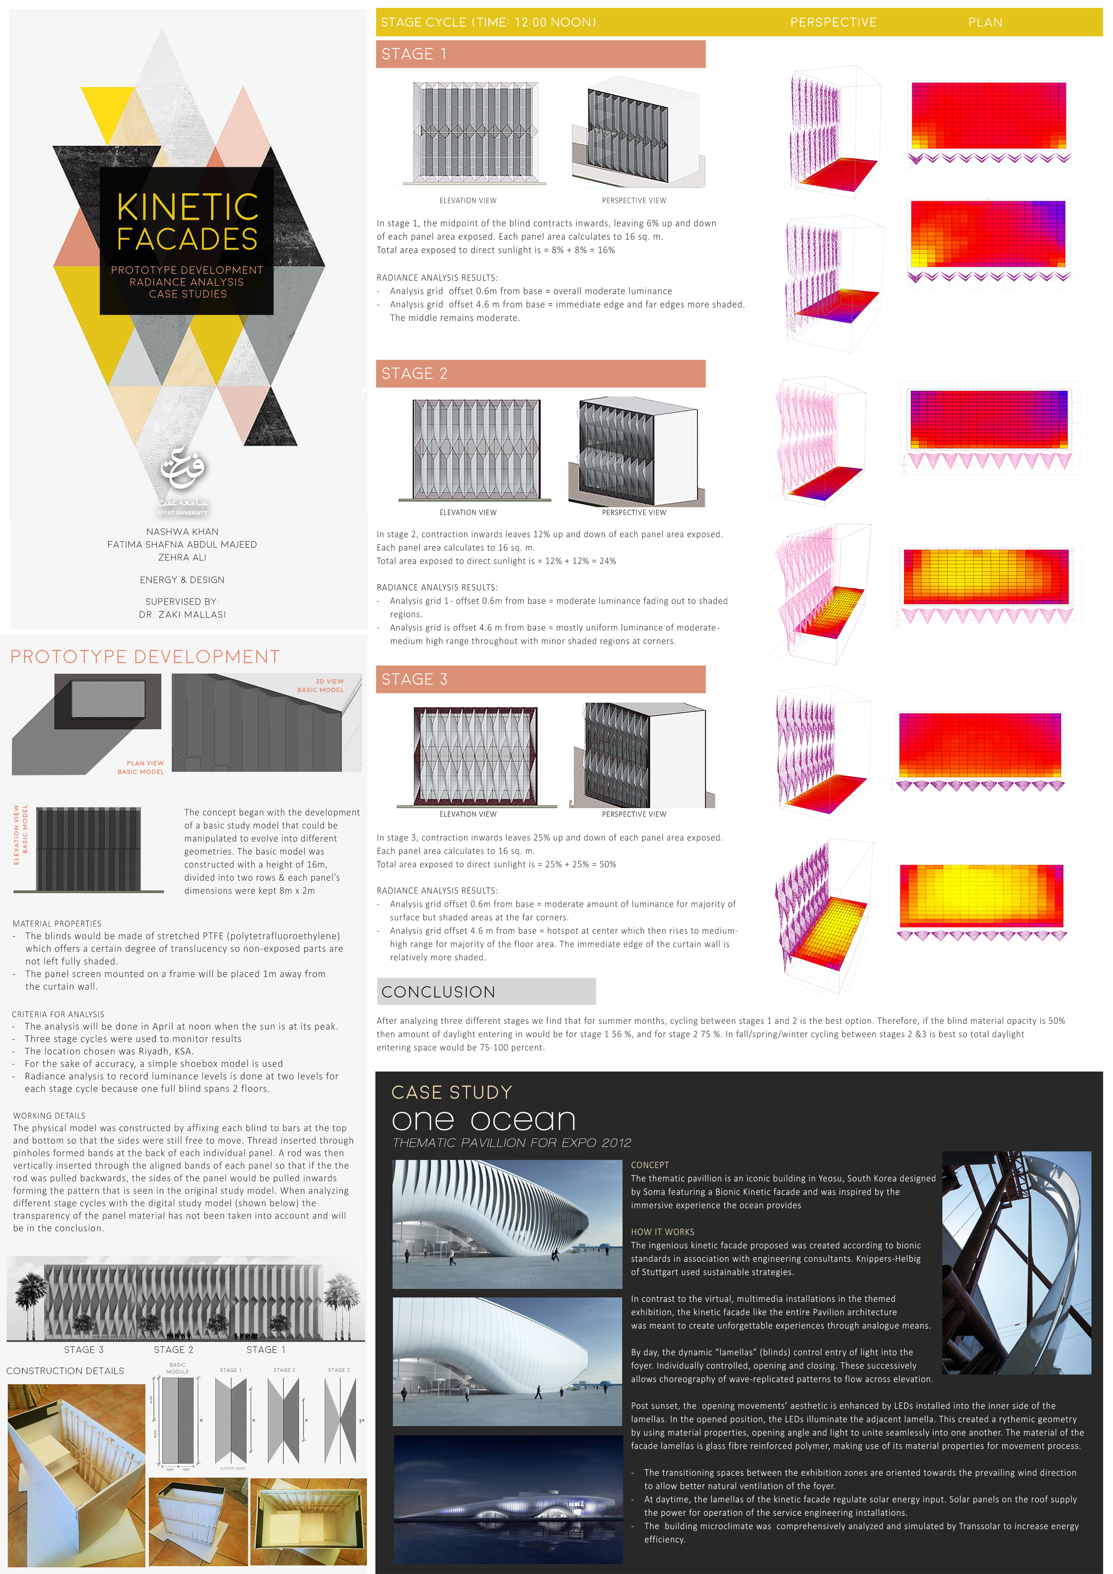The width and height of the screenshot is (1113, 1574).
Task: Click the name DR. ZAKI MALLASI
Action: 182,614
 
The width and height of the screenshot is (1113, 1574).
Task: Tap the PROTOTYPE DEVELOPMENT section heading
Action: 145,657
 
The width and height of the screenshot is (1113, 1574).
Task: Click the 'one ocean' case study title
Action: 483,1121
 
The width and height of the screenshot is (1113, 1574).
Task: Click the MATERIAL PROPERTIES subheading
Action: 57,923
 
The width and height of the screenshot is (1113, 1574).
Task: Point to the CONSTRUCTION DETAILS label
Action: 65,1370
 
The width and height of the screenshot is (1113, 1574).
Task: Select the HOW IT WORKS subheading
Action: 663,1232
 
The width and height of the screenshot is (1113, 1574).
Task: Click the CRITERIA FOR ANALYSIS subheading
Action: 58,1014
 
